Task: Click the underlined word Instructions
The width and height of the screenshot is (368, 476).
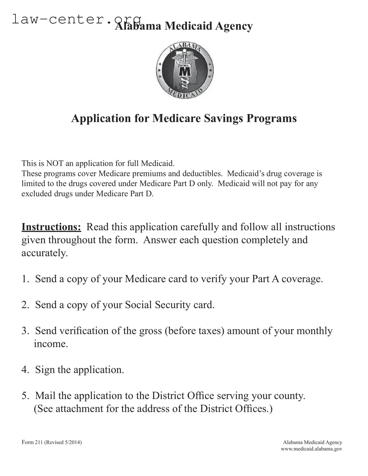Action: pyautogui.click(x=51, y=227)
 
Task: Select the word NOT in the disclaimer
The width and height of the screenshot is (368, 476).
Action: pyautogui.click(x=53, y=163)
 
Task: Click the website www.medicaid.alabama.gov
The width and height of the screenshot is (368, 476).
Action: pyautogui.click(x=311, y=449)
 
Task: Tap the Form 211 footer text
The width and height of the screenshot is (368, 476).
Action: pyautogui.click(x=52, y=442)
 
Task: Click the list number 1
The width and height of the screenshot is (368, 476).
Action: pyautogui.click(x=25, y=279)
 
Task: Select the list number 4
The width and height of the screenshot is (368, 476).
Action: pyautogui.click(x=25, y=370)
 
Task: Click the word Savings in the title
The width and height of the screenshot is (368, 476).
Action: pyautogui.click(x=222, y=118)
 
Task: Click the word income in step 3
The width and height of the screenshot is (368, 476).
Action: pyautogui.click(x=51, y=344)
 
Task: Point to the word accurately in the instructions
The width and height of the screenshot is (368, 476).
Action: pyautogui.click(x=44, y=253)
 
